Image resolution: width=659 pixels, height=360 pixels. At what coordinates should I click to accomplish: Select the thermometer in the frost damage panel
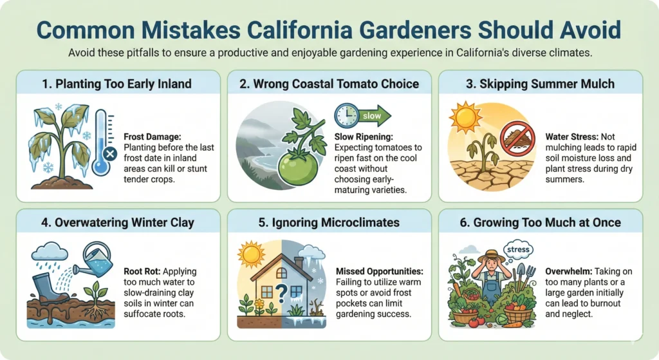[104, 142]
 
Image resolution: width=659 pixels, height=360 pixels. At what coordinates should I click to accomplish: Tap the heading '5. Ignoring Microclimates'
[329, 222]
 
